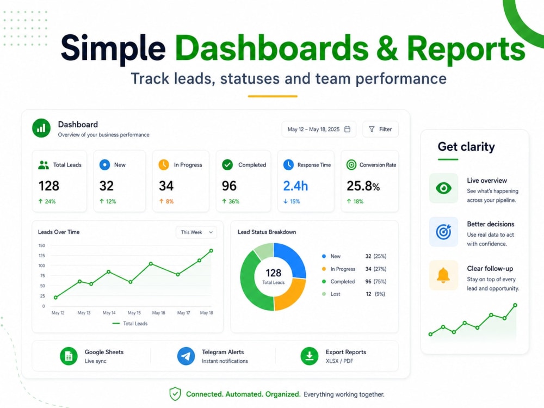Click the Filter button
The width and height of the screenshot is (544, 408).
(x=380, y=129)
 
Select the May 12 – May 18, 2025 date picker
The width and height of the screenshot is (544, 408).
(x=319, y=129)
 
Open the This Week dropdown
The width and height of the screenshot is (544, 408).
(x=196, y=232)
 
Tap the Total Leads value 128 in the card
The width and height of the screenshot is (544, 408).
(x=49, y=186)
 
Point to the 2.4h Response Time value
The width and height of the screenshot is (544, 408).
(x=295, y=186)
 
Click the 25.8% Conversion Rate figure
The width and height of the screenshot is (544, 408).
(x=363, y=186)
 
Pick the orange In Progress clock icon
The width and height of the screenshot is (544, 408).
(x=164, y=165)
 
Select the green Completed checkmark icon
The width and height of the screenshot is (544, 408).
(x=227, y=165)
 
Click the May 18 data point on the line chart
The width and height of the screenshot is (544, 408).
(x=211, y=250)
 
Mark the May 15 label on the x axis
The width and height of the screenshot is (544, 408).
(x=134, y=313)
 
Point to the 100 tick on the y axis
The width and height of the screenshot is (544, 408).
(x=42, y=265)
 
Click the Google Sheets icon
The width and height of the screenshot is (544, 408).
(x=69, y=356)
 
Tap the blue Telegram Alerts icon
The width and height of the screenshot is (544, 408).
(x=186, y=356)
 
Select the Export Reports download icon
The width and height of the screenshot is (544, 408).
(x=310, y=356)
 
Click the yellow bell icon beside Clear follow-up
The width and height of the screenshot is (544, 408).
(x=443, y=275)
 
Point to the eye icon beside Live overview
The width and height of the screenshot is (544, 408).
(x=443, y=188)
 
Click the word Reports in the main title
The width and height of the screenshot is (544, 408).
(x=466, y=48)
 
